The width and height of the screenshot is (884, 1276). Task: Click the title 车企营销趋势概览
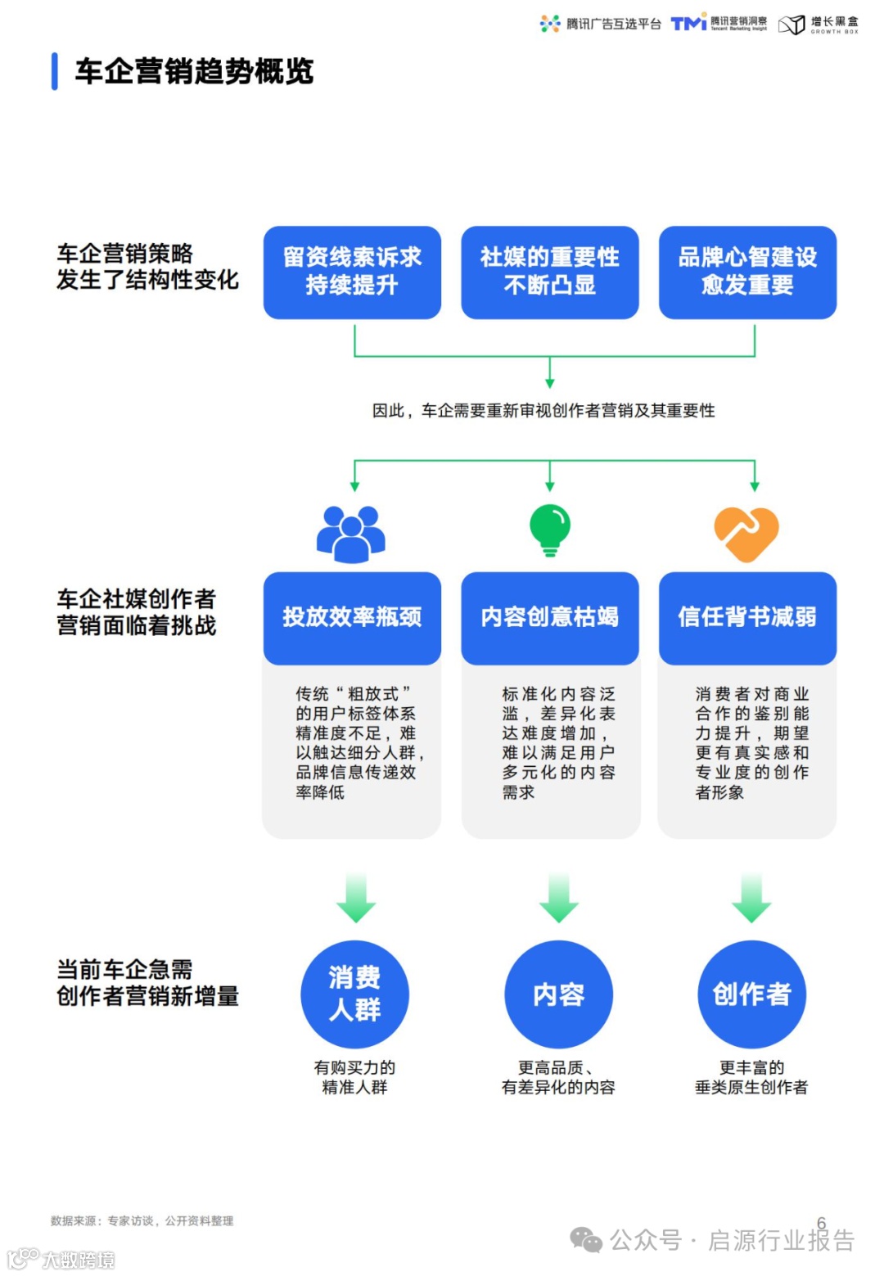(194, 72)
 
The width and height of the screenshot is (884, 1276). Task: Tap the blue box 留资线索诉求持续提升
(352, 272)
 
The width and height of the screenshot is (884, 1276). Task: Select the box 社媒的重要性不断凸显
(549, 272)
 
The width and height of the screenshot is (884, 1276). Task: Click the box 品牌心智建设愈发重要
(747, 272)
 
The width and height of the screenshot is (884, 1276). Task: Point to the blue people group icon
(351, 534)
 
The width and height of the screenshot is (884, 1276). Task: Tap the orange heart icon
(746, 534)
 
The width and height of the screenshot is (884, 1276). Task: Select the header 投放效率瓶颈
(352, 617)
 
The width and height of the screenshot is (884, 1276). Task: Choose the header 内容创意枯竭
(549, 617)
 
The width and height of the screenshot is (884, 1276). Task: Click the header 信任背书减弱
(747, 617)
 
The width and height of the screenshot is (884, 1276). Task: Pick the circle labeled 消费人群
(354, 994)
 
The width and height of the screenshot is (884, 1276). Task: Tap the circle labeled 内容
(558, 994)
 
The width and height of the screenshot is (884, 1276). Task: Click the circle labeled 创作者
(751, 994)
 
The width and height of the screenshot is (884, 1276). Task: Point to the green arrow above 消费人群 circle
(356, 898)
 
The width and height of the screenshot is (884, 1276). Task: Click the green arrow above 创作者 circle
(751, 898)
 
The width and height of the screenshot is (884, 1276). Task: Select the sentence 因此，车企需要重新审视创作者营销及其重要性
(543, 411)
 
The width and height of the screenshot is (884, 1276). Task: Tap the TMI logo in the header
(688, 23)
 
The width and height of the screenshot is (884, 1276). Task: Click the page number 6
(822, 1223)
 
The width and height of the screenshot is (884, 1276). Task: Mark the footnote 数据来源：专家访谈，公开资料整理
(142, 1221)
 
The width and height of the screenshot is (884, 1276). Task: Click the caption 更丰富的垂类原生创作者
(751, 1077)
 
